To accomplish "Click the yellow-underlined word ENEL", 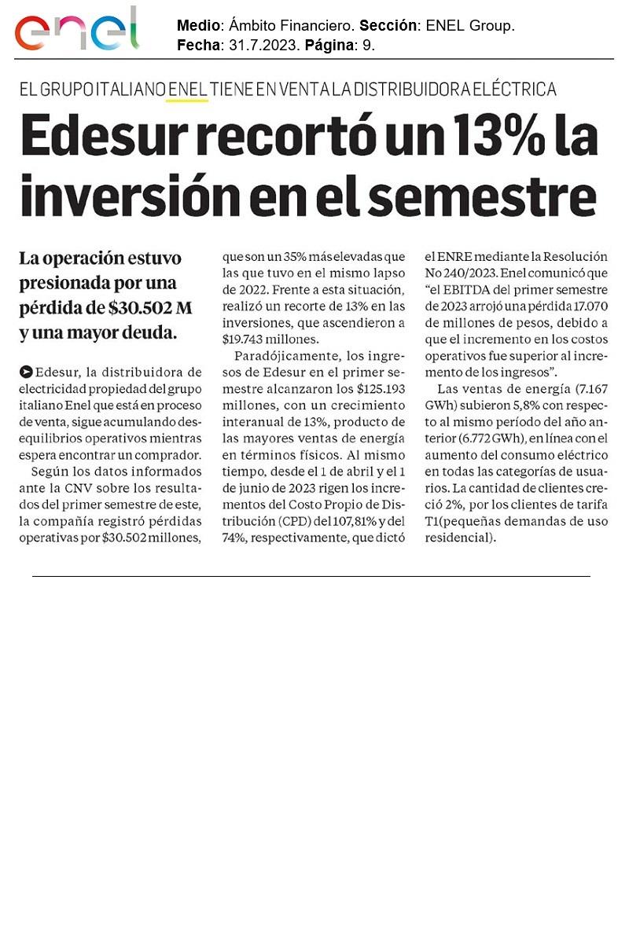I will click(188, 90).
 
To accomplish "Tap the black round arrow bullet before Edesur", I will click(28, 372).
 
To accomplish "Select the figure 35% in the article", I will click(291, 257).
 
